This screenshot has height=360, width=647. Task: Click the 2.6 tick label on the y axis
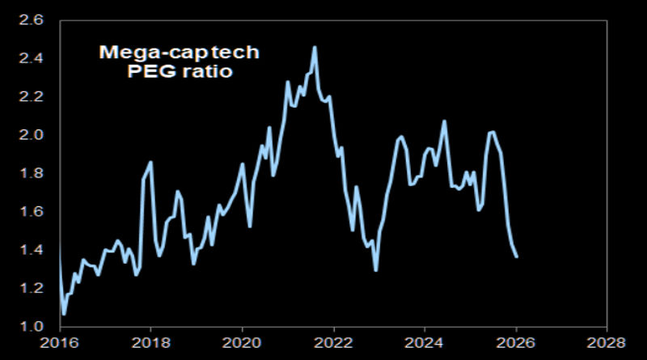(40, 20)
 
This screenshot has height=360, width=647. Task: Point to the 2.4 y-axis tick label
(40, 59)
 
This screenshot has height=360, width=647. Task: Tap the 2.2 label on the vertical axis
(40, 97)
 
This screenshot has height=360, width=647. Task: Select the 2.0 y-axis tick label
(40, 135)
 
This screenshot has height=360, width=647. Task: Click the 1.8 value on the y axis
(40, 174)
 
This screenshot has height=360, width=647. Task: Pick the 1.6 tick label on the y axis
(40, 212)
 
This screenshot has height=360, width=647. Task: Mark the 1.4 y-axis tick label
(40, 250)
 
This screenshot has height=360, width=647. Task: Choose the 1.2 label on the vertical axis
(40, 288)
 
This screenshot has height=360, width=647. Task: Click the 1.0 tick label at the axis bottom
(40, 327)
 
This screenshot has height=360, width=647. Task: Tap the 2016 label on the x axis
(58, 343)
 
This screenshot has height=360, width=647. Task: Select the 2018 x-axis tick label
(150, 343)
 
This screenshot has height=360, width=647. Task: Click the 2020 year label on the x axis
(242, 343)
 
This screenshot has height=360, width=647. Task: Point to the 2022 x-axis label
(333, 343)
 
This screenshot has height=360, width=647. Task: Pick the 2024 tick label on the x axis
(425, 343)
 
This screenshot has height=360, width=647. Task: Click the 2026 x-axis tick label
(517, 343)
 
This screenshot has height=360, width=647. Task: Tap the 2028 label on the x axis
(608, 343)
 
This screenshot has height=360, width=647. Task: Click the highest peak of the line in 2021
(315, 47)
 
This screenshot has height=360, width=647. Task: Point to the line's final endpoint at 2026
(517, 257)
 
